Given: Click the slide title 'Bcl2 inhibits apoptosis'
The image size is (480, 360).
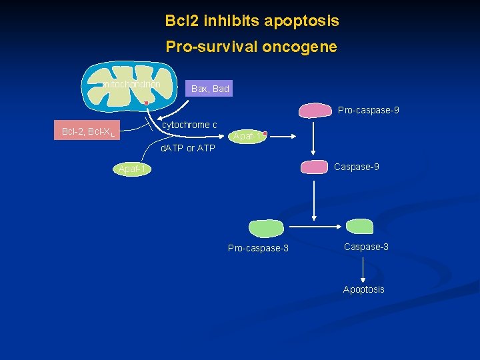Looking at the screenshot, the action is click(252, 21).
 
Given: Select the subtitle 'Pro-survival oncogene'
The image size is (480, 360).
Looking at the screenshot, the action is click(251, 47).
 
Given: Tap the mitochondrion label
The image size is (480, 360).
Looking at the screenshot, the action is click(131, 85).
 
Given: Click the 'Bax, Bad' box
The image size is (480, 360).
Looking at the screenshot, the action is click(210, 89).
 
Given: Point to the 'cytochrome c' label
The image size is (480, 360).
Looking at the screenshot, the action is click(190, 125).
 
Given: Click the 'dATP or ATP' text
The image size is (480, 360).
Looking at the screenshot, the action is click(188, 148).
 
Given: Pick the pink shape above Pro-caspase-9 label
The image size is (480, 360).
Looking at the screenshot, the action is click(317, 111).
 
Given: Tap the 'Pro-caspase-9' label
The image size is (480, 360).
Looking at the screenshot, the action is click(368, 110).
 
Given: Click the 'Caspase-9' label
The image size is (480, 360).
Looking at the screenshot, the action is click(356, 167).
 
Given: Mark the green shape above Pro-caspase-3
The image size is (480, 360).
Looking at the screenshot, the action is click(266, 228).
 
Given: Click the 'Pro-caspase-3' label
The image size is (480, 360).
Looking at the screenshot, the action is click(258, 248).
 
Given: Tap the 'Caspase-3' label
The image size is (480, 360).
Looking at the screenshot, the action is click(366, 247).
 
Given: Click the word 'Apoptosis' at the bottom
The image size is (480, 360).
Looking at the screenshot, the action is click(363, 289).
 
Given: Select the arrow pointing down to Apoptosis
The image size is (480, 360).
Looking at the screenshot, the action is click(363, 270).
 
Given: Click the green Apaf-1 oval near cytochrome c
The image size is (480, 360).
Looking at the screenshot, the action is click(247, 137).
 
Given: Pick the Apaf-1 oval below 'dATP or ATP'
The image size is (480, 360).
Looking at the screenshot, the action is click(132, 169).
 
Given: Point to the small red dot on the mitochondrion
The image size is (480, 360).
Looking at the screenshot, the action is click(146, 103).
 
